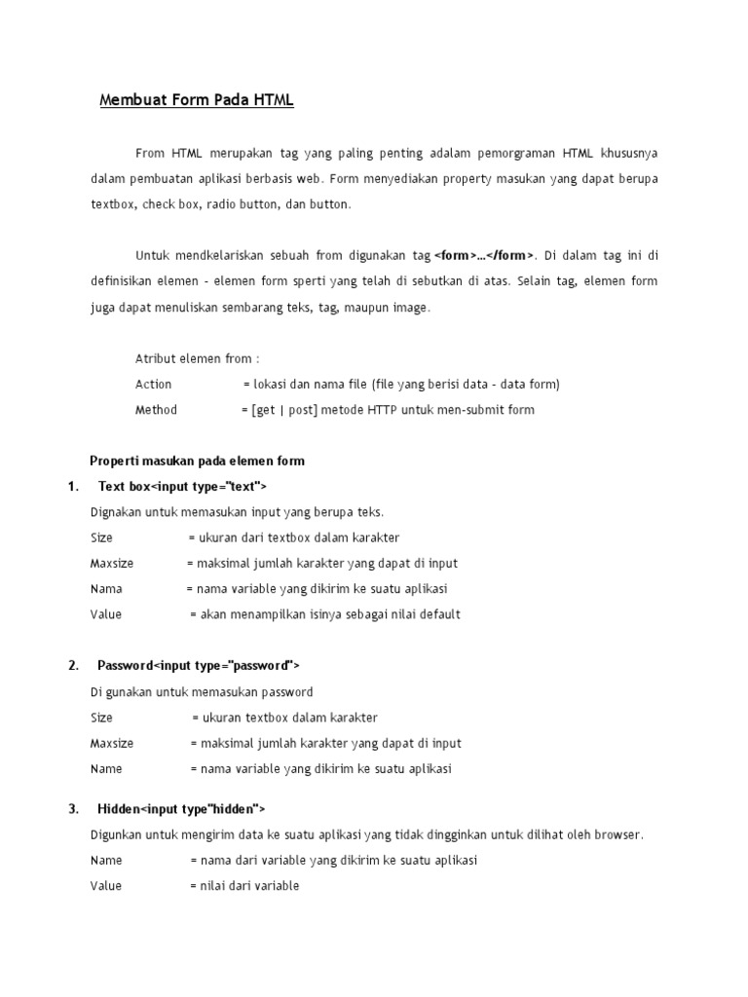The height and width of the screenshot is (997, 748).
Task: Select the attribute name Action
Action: [153, 385]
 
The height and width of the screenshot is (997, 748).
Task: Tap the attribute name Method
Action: [156, 410]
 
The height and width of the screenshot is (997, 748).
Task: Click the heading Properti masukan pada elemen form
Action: [197, 461]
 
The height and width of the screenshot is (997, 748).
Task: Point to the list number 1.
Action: [72, 486]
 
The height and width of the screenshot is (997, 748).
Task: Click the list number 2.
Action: [73, 666]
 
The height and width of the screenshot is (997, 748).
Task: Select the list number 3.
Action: [73, 809]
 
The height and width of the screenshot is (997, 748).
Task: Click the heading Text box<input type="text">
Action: [182, 486]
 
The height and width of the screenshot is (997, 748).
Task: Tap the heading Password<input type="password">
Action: [199, 666]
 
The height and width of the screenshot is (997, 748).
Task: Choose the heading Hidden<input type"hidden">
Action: [181, 809]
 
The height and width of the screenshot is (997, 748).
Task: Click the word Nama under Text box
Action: [106, 589]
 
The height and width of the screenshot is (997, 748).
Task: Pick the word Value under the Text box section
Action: [106, 614]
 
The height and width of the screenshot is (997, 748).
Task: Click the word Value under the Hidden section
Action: [106, 886]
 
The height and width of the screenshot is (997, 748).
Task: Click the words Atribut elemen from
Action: [197, 358]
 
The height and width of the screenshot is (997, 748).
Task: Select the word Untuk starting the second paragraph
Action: [153, 256]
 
